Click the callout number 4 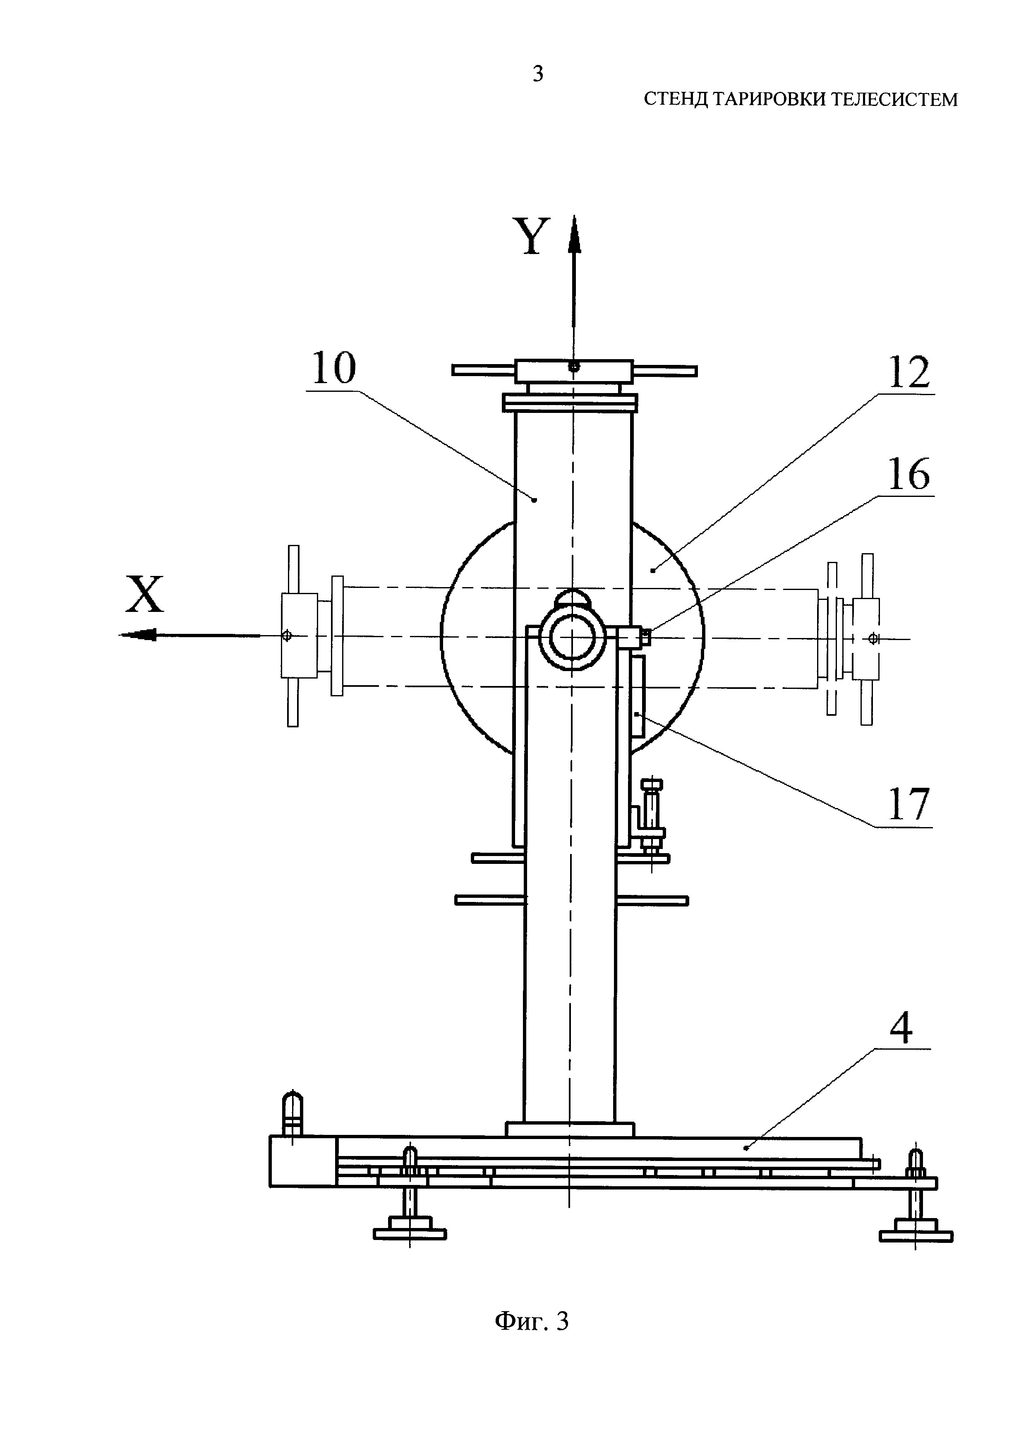(x=901, y=1028)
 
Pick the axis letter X (x=145, y=594)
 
